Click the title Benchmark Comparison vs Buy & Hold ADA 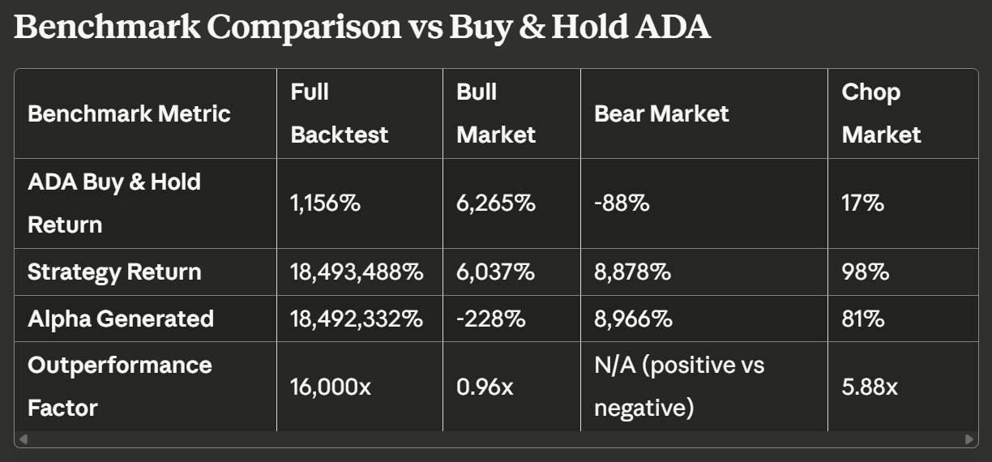(x=362, y=28)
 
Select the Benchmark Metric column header (x=129, y=113)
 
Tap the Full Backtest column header (x=339, y=113)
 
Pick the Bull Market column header (x=495, y=113)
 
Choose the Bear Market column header (x=661, y=113)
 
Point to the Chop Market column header (x=881, y=113)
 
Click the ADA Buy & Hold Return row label (x=114, y=203)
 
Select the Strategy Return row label (x=114, y=272)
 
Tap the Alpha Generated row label (x=121, y=319)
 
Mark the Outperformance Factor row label (x=119, y=386)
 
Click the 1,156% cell (x=325, y=203)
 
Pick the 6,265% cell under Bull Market (x=495, y=203)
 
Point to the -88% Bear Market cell (x=622, y=203)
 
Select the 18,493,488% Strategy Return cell (x=357, y=272)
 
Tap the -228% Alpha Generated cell (x=490, y=319)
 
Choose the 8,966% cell (x=633, y=319)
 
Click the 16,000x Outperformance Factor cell (x=330, y=387)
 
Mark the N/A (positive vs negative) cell (x=678, y=386)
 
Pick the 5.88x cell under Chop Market (x=870, y=387)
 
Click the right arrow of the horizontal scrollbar (x=969, y=439)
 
